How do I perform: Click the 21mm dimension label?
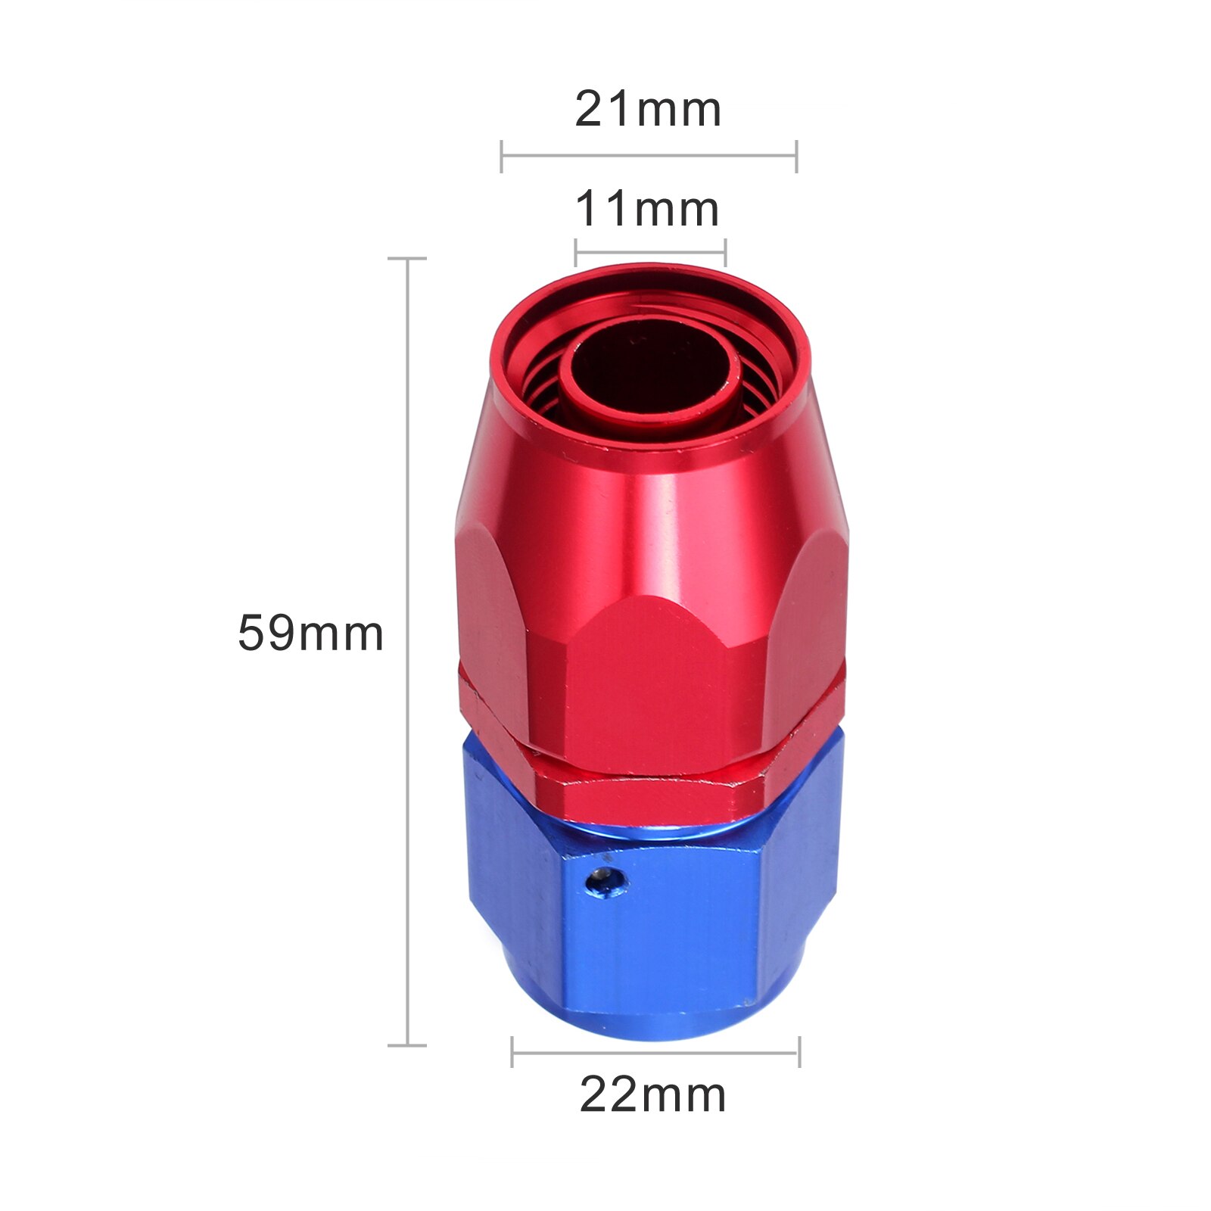pyautogui.click(x=648, y=110)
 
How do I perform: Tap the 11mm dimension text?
pyautogui.click(x=648, y=210)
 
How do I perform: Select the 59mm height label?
pyautogui.click(x=310, y=634)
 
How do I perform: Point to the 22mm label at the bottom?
pyautogui.click(x=652, y=1095)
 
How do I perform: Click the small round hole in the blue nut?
pyautogui.click(x=609, y=881)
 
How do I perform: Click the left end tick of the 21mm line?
pyautogui.click(x=502, y=156)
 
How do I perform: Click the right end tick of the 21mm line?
pyautogui.click(x=796, y=156)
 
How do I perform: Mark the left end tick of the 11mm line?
pyautogui.click(x=576, y=252)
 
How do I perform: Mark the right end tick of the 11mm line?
pyautogui.click(x=725, y=252)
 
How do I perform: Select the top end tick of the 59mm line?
pyautogui.click(x=407, y=259)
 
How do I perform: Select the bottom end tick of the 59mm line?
pyautogui.click(x=407, y=1045)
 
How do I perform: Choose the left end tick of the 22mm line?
pyautogui.click(x=512, y=1051)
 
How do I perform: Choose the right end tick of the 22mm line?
pyautogui.click(x=799, y=1051)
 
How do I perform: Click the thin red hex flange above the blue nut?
pyautogui.click(x=651, y=795)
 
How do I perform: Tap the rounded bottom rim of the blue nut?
pyautogui.click(x=655, y=1026)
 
